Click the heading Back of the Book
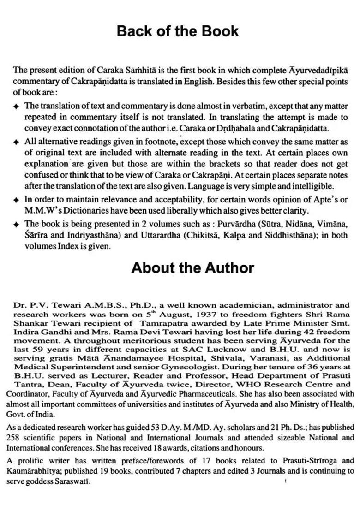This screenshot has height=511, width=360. tap(178, 31)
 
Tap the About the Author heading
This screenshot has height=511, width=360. tap(192, 268)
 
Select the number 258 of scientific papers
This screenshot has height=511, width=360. tap(14, 437)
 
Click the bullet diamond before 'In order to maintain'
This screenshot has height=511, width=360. tap(16, 200)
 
